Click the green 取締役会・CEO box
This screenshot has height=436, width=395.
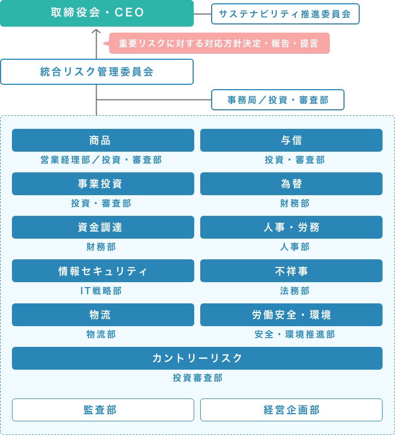coord(97,13)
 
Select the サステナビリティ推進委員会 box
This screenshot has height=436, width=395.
coord(285,14)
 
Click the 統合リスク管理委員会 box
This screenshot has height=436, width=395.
coord(97,72)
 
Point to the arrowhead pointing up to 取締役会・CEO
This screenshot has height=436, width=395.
coord(97,31)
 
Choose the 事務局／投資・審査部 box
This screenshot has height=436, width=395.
coord(278,100)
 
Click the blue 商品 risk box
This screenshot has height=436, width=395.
coord(103,140)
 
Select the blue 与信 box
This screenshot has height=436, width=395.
coord(291,140)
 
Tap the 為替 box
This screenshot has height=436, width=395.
coord(291,184)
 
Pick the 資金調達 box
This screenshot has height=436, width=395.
coord(103,227)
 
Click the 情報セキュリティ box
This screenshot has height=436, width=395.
coord(103,271)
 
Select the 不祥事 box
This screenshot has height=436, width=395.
coord(291,271)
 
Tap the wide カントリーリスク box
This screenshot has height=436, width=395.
coord(197,358)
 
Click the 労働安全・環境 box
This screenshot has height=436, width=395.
coord(291,315)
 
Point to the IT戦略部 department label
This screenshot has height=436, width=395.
coord(101,291)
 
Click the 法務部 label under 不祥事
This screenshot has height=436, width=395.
coord(295,291)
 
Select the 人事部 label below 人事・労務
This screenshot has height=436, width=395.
coord(295,247)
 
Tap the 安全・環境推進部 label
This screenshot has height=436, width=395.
coord(295,334)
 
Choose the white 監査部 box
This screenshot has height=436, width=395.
coord(103,410)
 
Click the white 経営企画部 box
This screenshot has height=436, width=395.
coord(291,410)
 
